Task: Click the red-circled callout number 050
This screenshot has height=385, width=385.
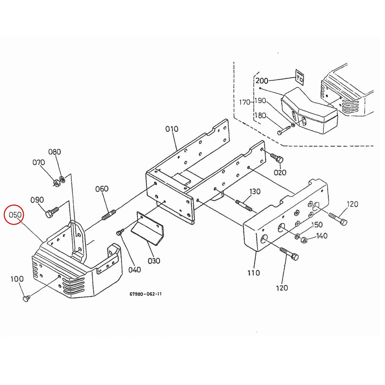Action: tap(15, 214)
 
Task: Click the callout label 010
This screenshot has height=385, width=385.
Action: tap(172, 129)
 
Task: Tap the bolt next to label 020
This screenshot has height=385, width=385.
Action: tap(278, 158)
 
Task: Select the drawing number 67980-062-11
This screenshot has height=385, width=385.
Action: tap(146, 294)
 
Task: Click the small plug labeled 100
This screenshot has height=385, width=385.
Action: tap(26, 299)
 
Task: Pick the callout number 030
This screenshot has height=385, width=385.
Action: tap(154, 261)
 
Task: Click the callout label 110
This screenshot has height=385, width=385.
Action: tap(253, 273)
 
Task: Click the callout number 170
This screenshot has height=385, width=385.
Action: tap(245, 102)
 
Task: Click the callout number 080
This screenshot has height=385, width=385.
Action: tap(55, 152)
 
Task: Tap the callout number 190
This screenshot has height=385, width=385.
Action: tap(260, 100)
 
